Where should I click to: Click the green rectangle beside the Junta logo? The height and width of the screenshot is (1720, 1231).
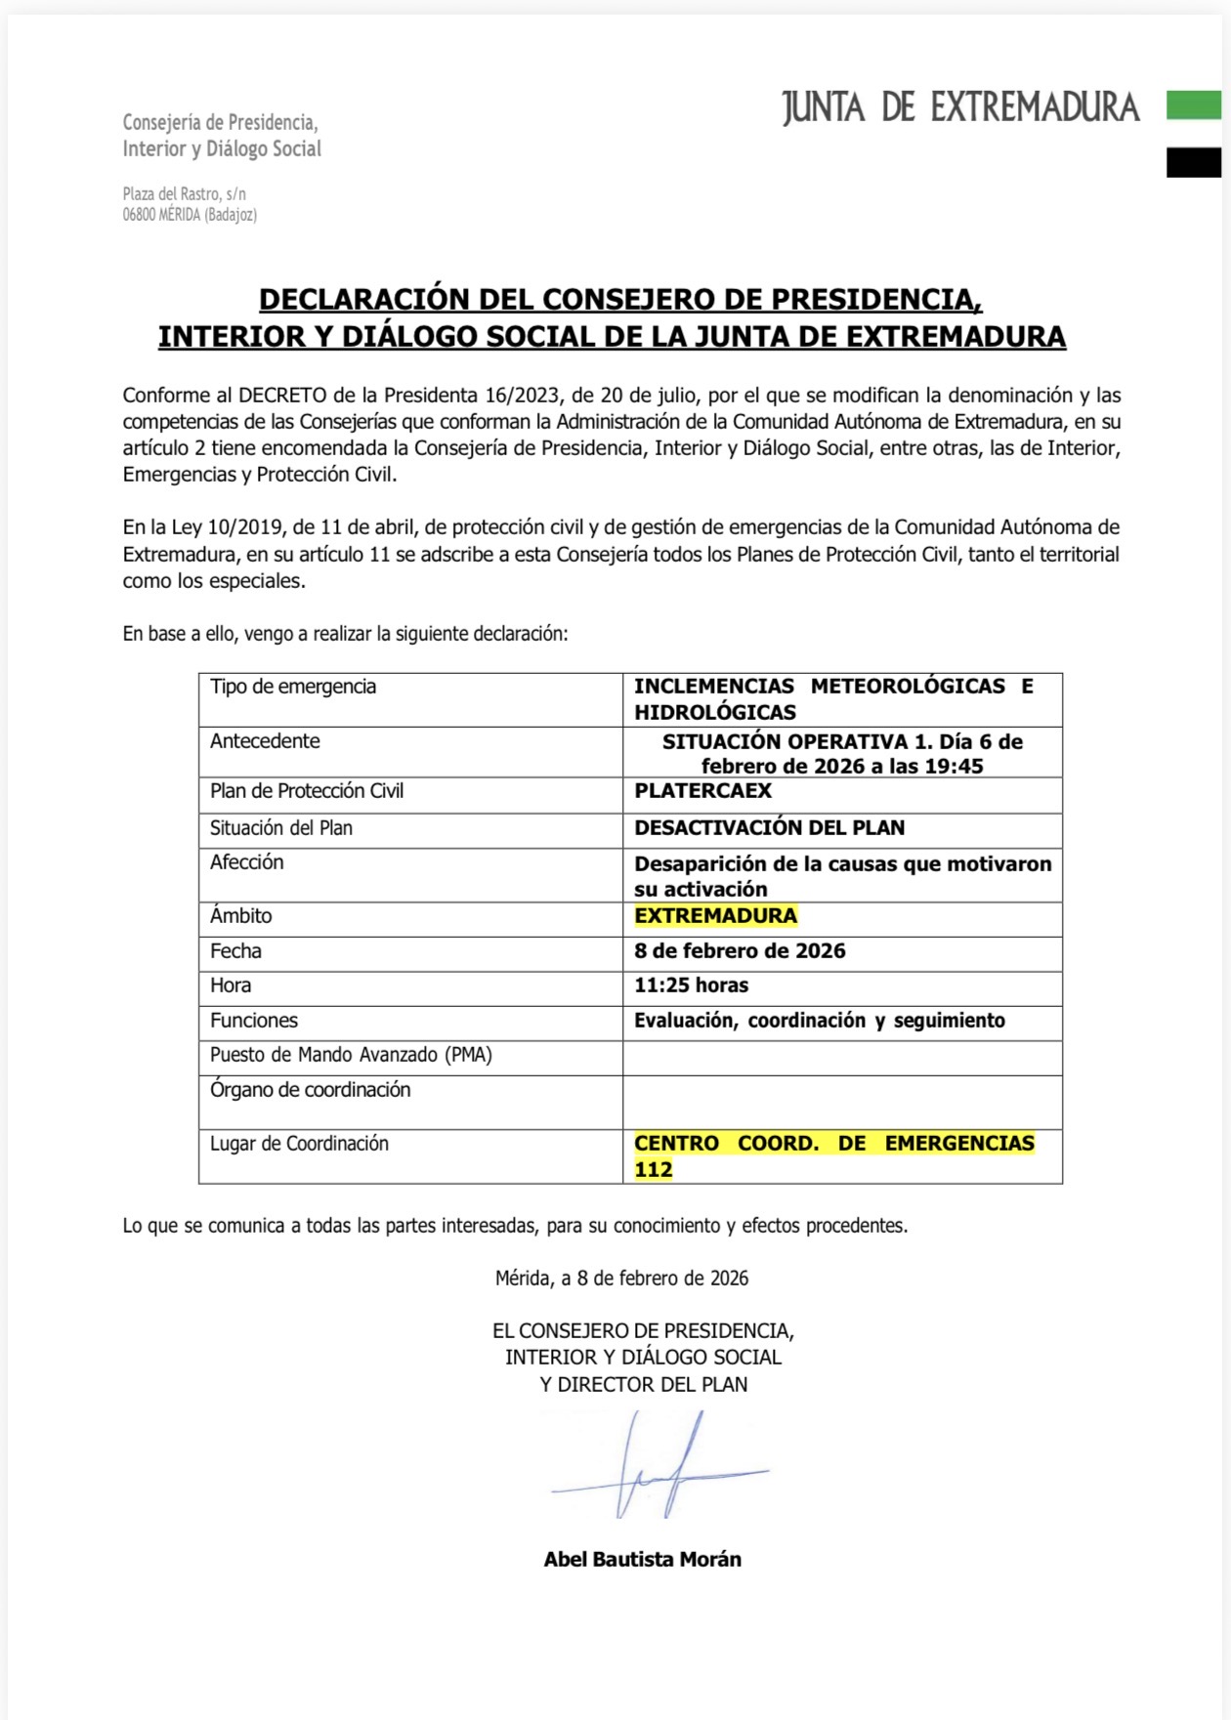(x=1193, y=105)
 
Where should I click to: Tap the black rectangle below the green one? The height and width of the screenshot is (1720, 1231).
(x=1193, y=162)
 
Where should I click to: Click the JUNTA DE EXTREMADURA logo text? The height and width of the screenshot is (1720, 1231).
(x=960, y=107)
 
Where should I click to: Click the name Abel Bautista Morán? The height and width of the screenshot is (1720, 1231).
(x=642, y=1559)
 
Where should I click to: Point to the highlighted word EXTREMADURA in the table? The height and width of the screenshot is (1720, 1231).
(x=715, y=916)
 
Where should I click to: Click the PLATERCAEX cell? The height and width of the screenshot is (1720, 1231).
(x=702, y=791)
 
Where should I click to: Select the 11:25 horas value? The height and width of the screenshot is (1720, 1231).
(x=691, y=986)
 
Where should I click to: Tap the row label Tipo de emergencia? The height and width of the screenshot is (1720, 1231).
(x=292, y=687)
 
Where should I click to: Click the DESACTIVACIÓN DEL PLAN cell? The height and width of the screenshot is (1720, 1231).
(x=769, y=828)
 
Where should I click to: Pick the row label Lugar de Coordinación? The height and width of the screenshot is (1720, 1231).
(x=299, y=1144)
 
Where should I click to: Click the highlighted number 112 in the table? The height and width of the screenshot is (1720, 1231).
(x=653, y=1170)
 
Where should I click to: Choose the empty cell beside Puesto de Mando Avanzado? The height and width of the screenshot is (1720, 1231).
(x=841, y=1057)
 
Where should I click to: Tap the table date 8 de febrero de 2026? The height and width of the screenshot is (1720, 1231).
(x=740, y=951)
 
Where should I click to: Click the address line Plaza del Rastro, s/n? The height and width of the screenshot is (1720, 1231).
(x=184, y=194)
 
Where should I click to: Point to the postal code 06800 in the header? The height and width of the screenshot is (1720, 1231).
(x=139, y=215)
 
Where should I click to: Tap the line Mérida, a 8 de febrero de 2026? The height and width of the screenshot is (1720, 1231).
(x=621, y=1279)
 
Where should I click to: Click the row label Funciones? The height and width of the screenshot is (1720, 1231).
(x=253, y=1021)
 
